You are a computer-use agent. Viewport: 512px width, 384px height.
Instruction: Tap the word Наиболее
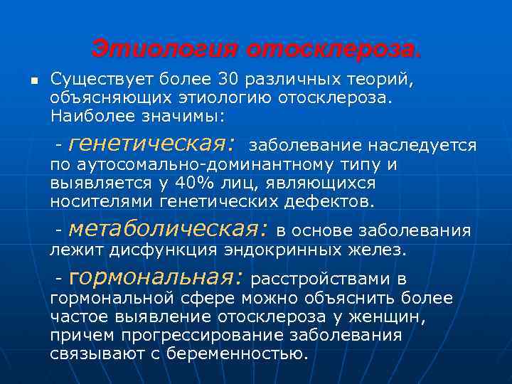tap(87, 114)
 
